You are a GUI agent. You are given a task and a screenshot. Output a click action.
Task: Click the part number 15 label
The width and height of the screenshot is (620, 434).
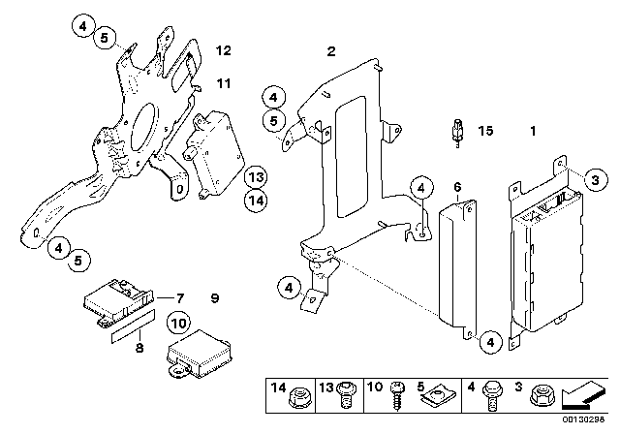tap(486, 130)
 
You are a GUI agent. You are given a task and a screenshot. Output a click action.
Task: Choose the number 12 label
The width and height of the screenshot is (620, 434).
tap(224, 50)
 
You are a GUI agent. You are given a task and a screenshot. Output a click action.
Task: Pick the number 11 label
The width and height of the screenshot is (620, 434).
tap(224, 85)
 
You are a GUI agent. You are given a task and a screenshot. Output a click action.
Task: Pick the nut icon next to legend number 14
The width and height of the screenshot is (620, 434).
tap(302, 397)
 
